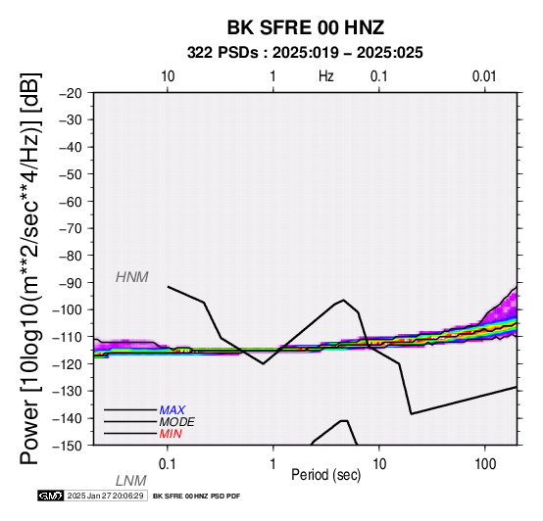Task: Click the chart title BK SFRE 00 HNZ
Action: (306, 27)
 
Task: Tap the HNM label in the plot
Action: (132, 277)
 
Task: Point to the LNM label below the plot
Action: (131, 481)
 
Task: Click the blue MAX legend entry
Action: (173, 410)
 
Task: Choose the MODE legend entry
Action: (176, 422)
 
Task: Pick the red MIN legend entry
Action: (171, 434)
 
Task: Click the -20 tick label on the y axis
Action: (71, 93)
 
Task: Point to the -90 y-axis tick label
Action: (71, 283)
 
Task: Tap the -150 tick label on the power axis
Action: (68, 446)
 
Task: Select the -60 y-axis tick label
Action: (71, 202)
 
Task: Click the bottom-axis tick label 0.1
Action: (168, 464)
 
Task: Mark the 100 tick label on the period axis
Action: (485, 464)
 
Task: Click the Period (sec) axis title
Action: (325, 475)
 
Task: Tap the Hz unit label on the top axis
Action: (325, 76)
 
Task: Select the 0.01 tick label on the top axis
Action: (484, 76)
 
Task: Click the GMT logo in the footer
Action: (51, 496)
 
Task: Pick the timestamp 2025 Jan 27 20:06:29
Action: (105, 496)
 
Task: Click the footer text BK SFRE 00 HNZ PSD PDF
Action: (196, 497)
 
